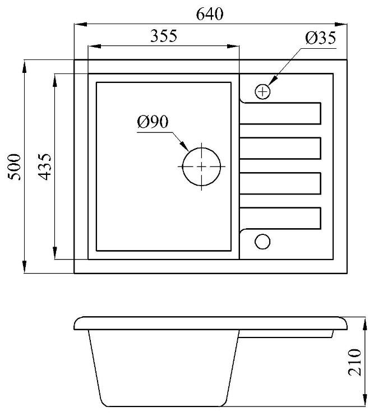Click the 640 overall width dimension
(x=210, y=14)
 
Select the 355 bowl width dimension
(x=164, y=36)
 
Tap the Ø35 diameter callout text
(x=321, y=38)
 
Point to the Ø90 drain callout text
(x=153, y=122)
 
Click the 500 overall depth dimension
(x=15, y=167)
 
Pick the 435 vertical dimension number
(x=44, y=167)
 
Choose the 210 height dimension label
(x=354, y=362)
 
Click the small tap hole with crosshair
(x=262, y=91)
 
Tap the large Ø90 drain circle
(x=201, y=167)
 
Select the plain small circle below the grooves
(x=262, y=242)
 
